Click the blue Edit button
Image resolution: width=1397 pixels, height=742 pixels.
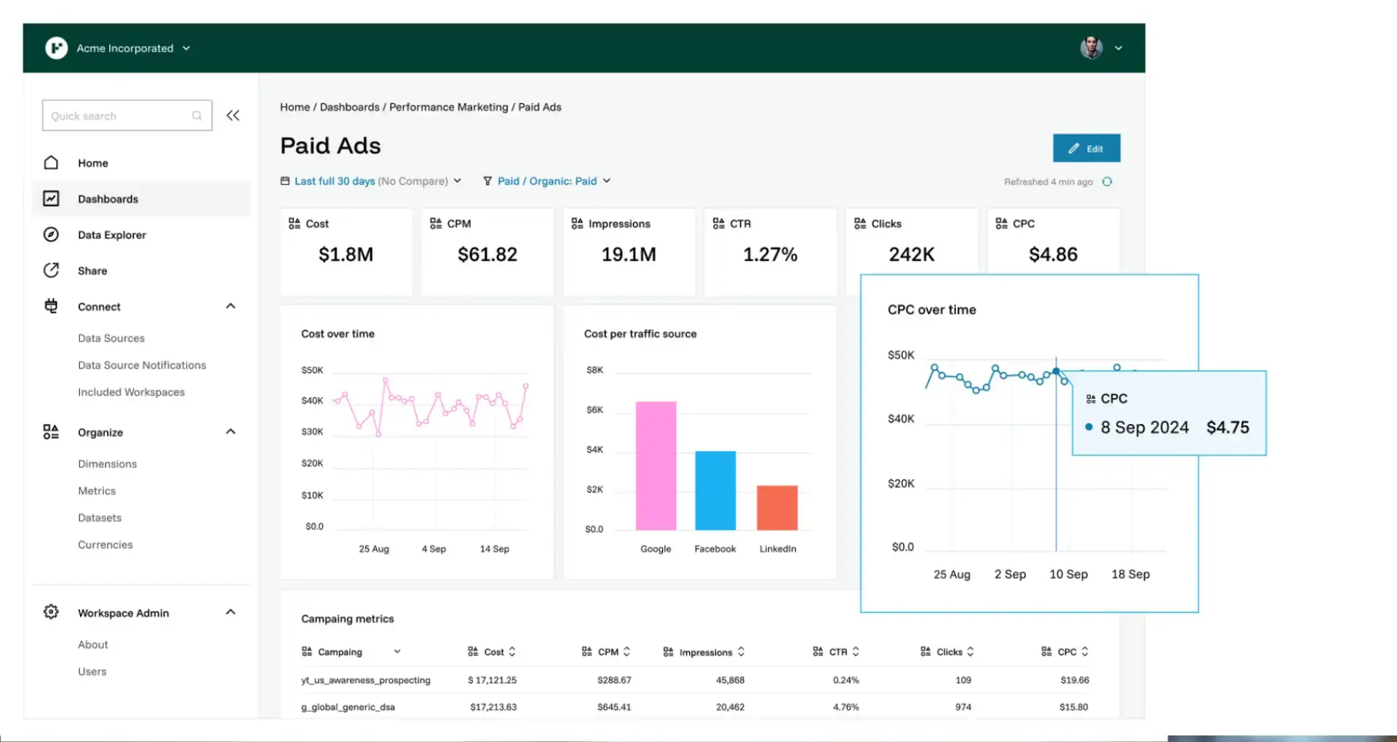point(1086,148)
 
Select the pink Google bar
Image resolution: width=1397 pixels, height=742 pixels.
point(656,466)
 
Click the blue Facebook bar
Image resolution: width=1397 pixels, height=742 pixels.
point(715,490)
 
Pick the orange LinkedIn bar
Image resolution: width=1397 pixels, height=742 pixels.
point(777,508)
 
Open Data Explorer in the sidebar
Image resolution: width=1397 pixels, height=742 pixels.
point(112,235)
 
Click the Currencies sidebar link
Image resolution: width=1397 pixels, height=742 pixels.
point(106,545)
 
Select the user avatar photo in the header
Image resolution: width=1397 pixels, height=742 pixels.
point(1091,48)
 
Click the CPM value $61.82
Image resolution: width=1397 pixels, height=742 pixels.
point(487,255)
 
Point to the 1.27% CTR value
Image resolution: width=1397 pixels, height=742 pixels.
point(771,255)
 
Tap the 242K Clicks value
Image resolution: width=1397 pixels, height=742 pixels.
point(912,255)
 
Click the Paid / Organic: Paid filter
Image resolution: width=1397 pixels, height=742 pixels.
point(547,181)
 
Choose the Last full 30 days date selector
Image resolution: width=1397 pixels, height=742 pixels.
point(371,181)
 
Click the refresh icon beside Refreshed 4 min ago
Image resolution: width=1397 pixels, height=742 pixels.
point(1107,182)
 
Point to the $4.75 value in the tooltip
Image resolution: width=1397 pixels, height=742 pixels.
point(1227,428)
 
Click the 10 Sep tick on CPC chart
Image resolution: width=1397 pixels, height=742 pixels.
point(1068,575)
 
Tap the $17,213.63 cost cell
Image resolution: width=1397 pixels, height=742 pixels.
point(493,707)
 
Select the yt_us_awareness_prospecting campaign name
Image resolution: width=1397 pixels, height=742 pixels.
point(366,680)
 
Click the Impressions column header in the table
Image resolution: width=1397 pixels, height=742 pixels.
point(704,653)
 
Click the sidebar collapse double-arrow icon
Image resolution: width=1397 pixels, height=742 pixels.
point(233,116)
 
